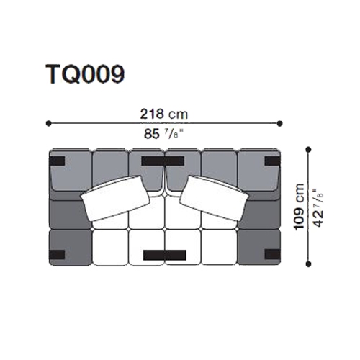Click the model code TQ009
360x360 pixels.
(85, 74)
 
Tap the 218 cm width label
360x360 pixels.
(164, 114)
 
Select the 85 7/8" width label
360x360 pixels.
(163, 134)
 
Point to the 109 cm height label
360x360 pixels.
(300, 207)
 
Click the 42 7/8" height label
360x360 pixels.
(318, 207)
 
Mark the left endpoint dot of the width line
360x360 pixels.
(48, 123)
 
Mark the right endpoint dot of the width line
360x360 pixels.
(279, 123)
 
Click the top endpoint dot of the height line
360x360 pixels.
(309, 150)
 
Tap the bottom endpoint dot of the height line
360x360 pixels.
(309, 264)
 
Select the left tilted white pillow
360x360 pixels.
(115, 199)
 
